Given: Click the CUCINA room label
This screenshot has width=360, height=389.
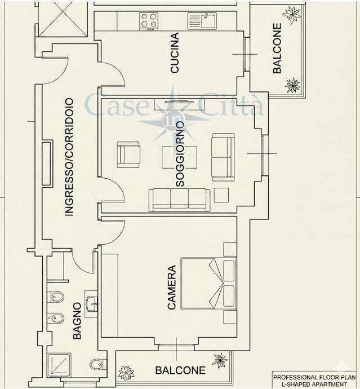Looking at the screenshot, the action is (x=175, y=52).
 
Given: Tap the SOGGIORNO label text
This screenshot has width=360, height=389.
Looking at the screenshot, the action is (x=180, y=154).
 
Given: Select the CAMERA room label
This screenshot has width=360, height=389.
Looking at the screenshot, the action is (x=172, y=288).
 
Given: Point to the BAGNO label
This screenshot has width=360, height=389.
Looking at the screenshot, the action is (x=77, y=321).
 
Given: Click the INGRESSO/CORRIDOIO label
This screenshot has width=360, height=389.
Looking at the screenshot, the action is (x=69, y=157).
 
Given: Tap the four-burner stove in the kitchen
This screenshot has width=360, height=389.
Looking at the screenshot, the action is (x=149, y=21).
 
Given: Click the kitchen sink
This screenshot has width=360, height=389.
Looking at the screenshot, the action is (x=202, y=21).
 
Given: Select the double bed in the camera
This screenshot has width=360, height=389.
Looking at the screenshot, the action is (x=208, y=284).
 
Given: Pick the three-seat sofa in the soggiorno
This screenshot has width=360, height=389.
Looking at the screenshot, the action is (x=179, y=200).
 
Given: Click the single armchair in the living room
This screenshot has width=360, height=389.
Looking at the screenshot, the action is (x=128, y=154).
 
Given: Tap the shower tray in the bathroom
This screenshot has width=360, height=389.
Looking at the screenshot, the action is (x=60, y=364).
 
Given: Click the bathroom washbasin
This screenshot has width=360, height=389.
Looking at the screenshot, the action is (x=92, y=304).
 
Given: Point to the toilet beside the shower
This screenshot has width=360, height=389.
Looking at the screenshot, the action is (x=97, y=364).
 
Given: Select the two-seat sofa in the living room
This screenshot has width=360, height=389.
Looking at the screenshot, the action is (x=223, y=157).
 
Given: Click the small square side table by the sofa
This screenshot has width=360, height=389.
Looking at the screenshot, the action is (x=221, y=195).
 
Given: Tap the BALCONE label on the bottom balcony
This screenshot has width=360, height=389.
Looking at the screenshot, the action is (x=180, y=370).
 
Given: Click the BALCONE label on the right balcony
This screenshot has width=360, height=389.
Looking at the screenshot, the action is (x=277, y=48).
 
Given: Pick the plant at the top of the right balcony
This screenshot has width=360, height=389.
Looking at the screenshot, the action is (x=292, y=14).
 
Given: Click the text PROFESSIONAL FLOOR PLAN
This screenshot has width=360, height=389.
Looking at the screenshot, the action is (x=314, y=377).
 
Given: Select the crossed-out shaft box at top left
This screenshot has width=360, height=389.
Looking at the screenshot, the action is (x=63, y=19).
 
